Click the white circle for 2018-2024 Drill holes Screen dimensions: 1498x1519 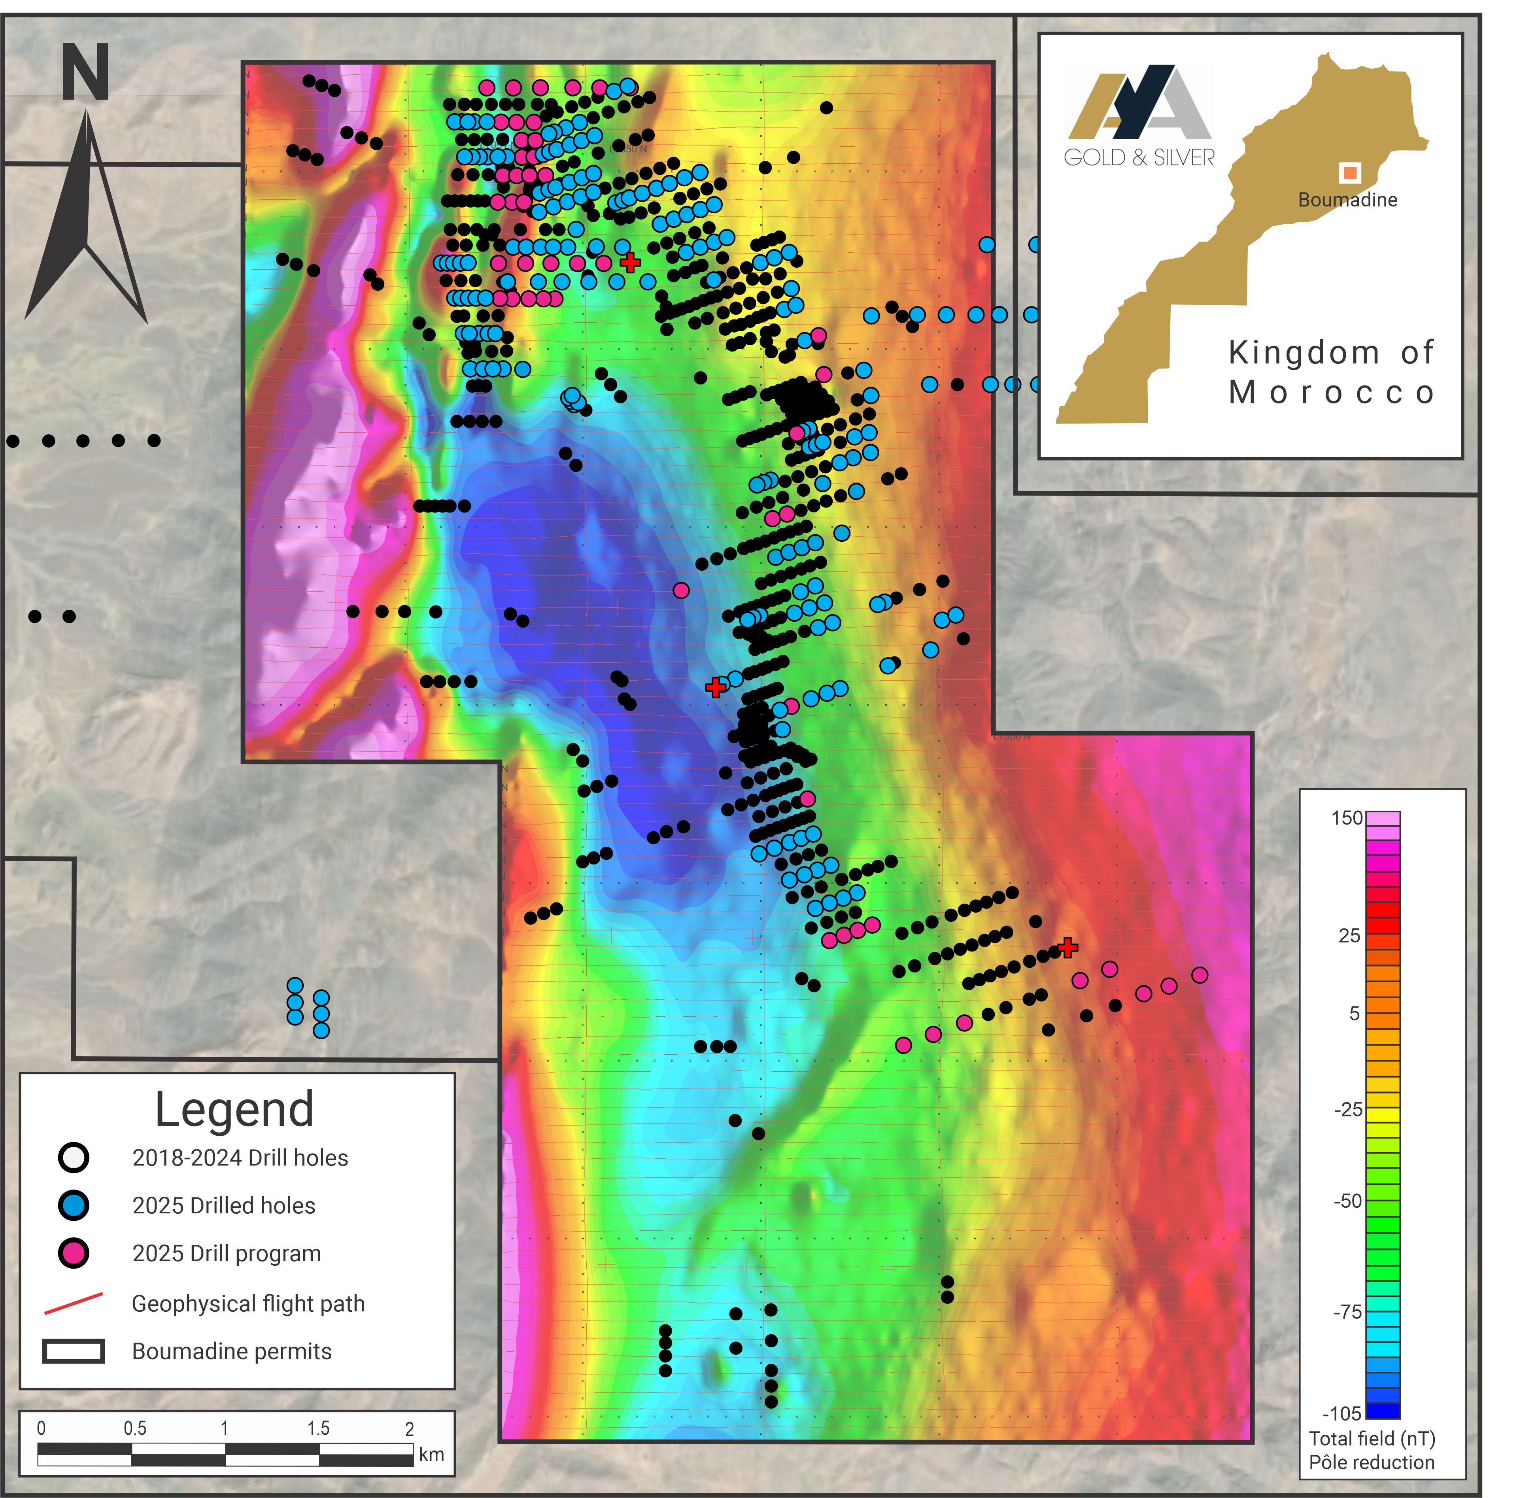point(74,1158)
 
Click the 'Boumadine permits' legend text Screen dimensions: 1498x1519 point(232,1351)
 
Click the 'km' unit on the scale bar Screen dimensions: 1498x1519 point(431,1454)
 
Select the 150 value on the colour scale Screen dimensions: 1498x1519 point(1346,818)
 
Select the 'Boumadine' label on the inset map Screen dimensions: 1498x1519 point(1347,200)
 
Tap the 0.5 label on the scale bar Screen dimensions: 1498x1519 point(135,1428)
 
